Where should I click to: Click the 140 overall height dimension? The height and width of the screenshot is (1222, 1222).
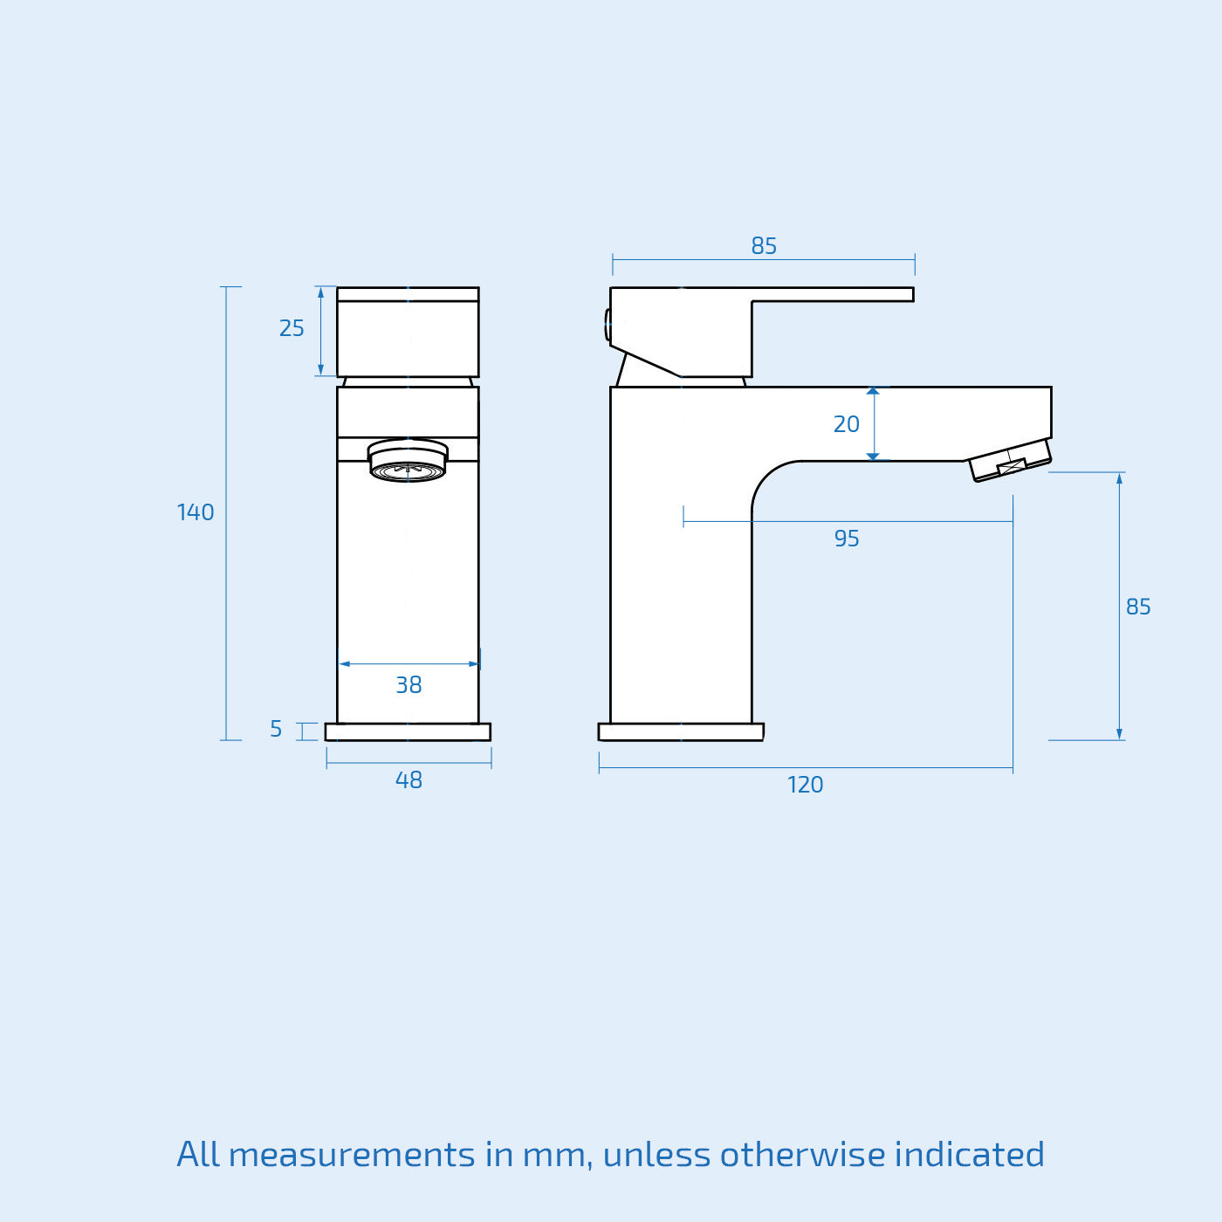(x=196, y=512)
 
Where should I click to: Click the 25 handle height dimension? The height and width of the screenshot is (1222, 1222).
(x=292, y=328)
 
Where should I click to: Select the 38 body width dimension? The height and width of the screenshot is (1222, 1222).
(x=408, y=684)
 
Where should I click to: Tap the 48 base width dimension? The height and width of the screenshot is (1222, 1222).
(x=408, y=779)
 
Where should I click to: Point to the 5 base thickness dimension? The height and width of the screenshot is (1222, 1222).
(x=276, y=729)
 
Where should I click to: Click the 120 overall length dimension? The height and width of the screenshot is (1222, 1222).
(x=805, y=785)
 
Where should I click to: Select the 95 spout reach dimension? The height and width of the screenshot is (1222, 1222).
(x=846, y=539)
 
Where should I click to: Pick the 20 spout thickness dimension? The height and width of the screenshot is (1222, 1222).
(x=846, y=424)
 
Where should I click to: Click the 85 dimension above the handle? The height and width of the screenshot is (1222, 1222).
(x=764, y=246)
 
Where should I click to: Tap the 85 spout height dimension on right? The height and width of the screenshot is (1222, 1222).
(x=1137, y=607)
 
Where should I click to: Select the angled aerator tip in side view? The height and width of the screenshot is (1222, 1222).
(x=1011, y=461)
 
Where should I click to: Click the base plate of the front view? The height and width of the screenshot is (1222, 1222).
(x=408, y=732)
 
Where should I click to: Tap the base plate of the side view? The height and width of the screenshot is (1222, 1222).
(x=681, y=732)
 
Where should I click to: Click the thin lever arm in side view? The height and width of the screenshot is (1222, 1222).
(x=833, y=295)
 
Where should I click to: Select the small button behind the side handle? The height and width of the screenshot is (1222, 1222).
(x=608, y=325)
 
